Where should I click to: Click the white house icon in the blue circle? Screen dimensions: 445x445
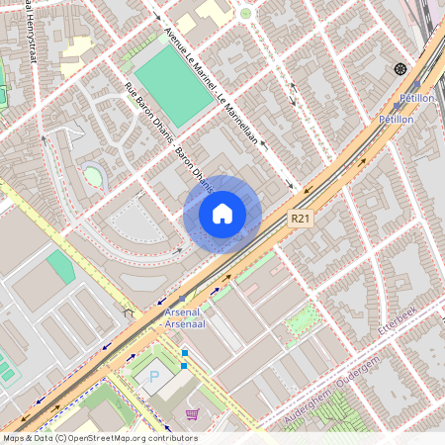[222, 214]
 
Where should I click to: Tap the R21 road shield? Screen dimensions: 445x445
[302, 218]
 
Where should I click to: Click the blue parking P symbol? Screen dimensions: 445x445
[153, 376]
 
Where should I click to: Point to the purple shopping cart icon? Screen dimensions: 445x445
[192, 413]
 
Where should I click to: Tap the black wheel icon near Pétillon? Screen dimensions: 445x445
[400, 68]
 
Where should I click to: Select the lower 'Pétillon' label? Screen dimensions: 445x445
[396, 119]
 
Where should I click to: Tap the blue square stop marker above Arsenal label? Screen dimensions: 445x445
[182, 298]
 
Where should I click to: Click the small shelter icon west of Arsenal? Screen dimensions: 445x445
[128, 312]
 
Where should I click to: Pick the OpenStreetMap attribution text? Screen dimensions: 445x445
[99, 438]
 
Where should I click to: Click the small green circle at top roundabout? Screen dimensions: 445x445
[245, 13]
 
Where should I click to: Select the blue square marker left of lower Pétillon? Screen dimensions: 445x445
[397, 105]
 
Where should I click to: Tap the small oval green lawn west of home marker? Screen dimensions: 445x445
[93, 176]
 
